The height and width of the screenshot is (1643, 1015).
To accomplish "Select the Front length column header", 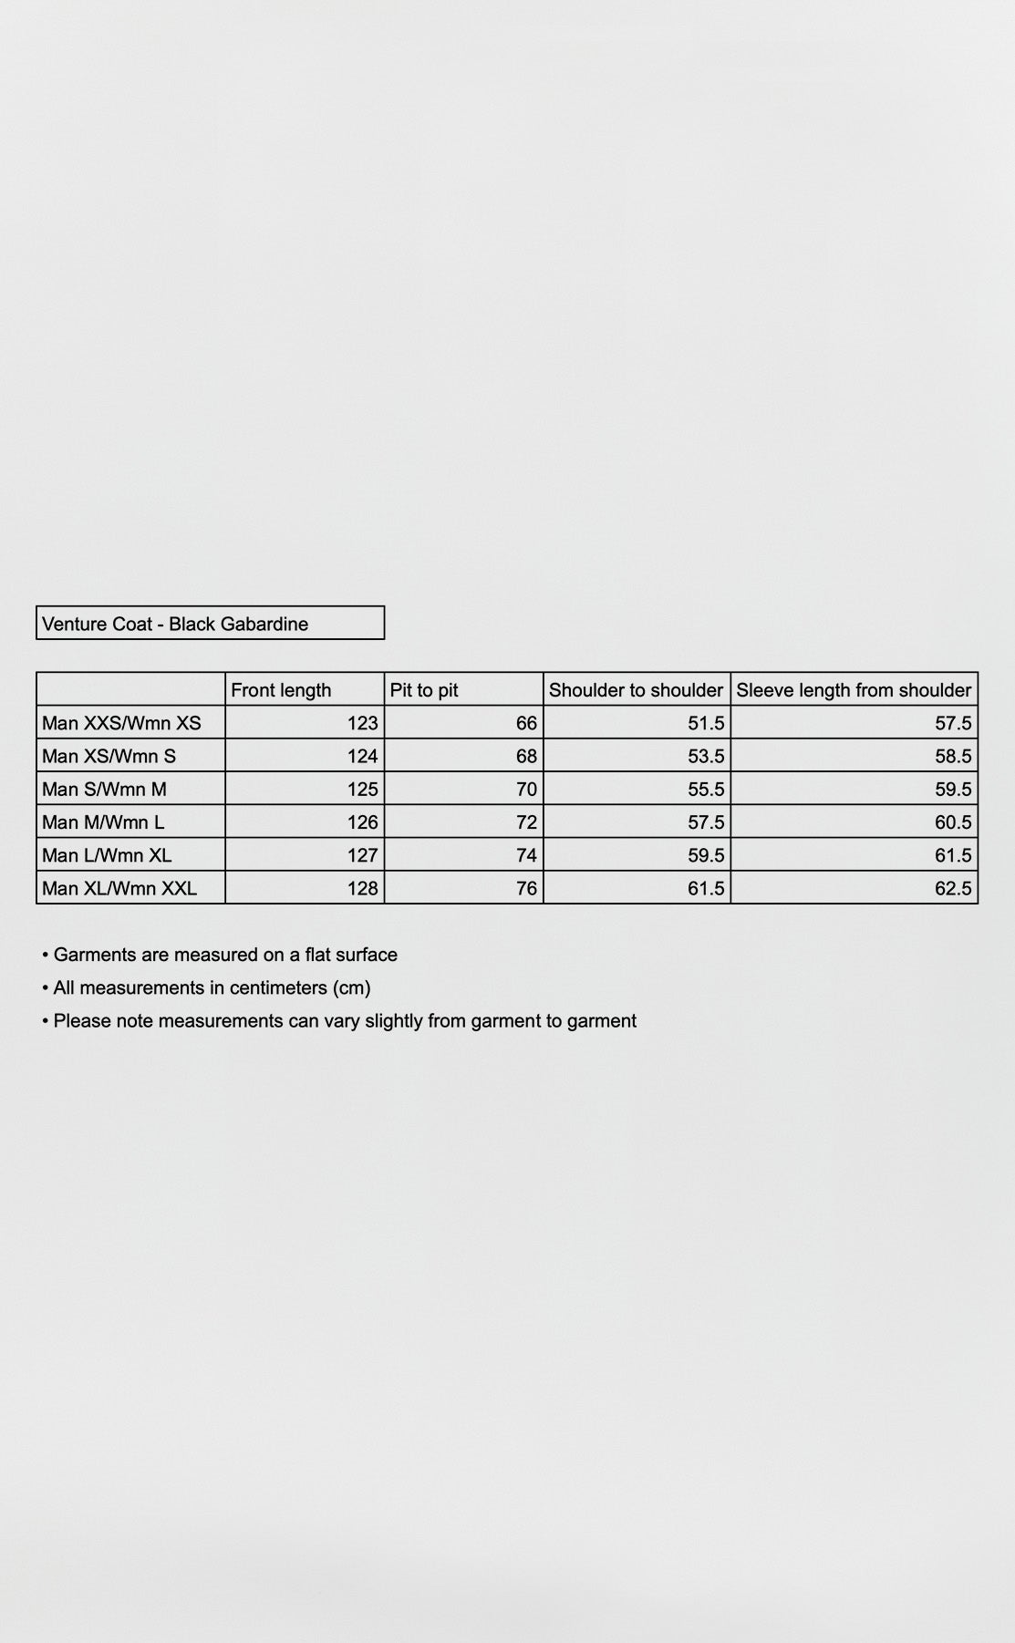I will pos(281,690).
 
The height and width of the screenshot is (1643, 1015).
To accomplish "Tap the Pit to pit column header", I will pos(424,690).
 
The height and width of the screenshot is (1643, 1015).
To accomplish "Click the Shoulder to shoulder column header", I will pos(636,690).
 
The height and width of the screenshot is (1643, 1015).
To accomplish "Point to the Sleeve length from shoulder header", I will pos(854,690).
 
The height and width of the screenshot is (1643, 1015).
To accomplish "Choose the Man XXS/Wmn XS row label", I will pos(121,723).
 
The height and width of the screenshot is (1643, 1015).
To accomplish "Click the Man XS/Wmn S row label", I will pos(109,756).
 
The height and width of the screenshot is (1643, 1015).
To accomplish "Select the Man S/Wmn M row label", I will pos(104,789).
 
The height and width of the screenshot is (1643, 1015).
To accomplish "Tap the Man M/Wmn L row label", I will pos(103,822).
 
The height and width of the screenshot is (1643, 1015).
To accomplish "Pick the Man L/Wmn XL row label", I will pos(107,855).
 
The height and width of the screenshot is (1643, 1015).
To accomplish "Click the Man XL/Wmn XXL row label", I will pos(119,888).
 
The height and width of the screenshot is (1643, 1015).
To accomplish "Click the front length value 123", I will pos(362,723).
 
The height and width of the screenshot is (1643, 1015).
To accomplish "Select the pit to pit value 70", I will pos(526,789).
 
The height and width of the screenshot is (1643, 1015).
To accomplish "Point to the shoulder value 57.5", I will pos(706,822).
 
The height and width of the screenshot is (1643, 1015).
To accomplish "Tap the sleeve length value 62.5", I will pos(953,888).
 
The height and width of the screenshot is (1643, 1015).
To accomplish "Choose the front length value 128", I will pos(362,888).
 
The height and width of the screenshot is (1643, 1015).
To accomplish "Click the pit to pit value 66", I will pos(526,723).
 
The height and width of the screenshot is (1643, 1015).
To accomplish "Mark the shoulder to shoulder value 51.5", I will pos(706,723).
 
